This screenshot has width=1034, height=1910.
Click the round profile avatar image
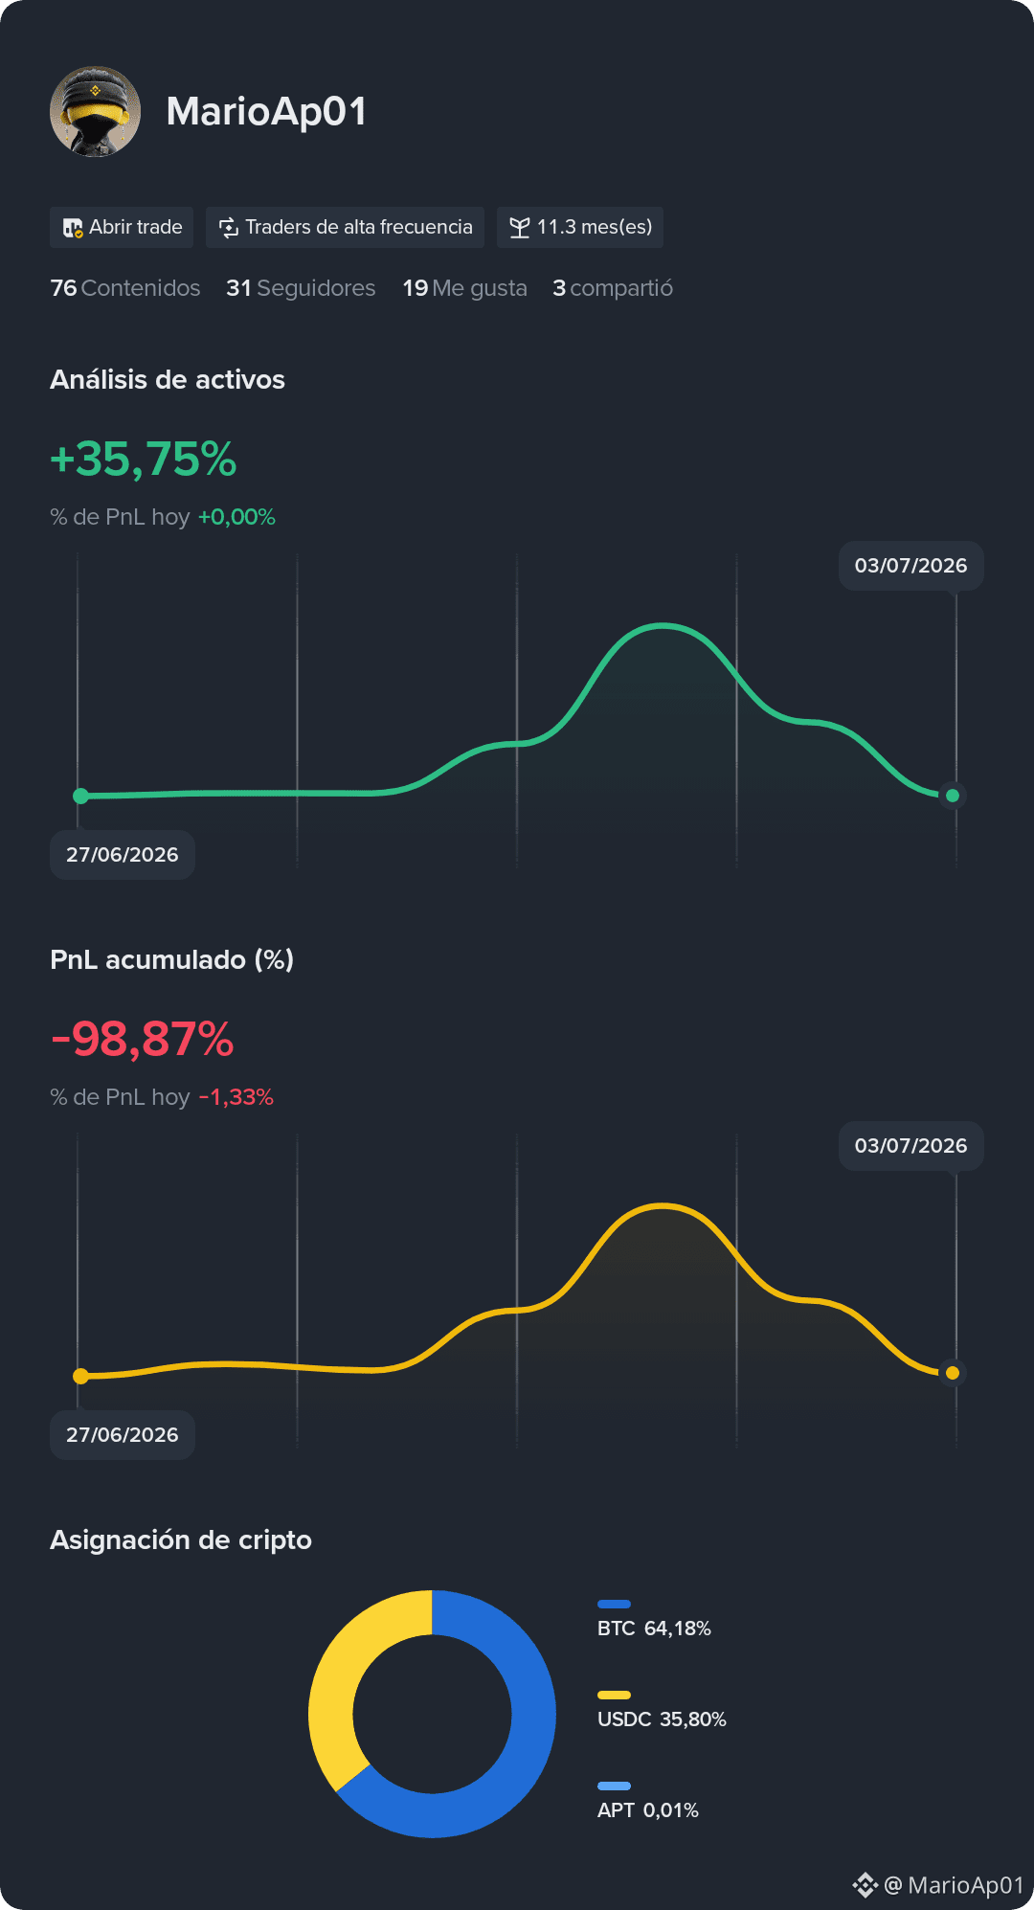coord(95,111)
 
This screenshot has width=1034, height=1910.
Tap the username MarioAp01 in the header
coord(266,111)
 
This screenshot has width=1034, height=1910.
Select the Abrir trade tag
coord(122,227)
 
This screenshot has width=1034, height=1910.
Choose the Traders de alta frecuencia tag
coord(345,227)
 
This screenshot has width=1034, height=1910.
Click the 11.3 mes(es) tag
coord(580,227)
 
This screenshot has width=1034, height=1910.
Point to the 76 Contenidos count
coord(125,288)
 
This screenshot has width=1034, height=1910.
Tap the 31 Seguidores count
coord(301,288)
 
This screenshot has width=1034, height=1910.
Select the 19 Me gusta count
coord(464,288)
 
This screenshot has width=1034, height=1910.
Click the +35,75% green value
coord(144,460)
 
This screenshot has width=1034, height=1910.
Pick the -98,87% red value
coord(143,1040)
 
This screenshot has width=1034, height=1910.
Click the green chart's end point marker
coord(953,796)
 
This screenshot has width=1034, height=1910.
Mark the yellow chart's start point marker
coord(81,1376)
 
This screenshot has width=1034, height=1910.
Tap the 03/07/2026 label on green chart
coord(911,566)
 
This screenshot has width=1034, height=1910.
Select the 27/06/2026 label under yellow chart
coord(123,1435)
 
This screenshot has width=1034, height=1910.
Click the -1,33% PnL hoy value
coord(236,1097)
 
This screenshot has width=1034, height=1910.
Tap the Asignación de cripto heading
coord(181,1539)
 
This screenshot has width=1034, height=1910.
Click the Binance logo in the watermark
coord(865,1885)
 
